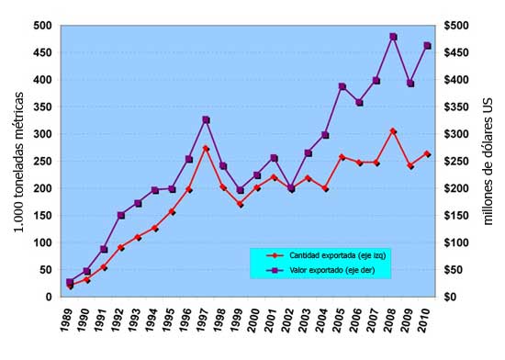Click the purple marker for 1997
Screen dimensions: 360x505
point(206,119)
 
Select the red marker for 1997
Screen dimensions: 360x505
point(206,148)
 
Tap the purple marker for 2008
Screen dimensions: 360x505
point(393,37)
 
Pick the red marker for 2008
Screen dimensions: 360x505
point(393,131)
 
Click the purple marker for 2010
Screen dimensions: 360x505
point(427,45)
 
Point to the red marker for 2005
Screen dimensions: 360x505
point(342,157)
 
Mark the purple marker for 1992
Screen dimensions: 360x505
point(120,215)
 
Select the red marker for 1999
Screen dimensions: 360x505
point(240,204)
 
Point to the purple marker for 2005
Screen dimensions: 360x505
point(342,86)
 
